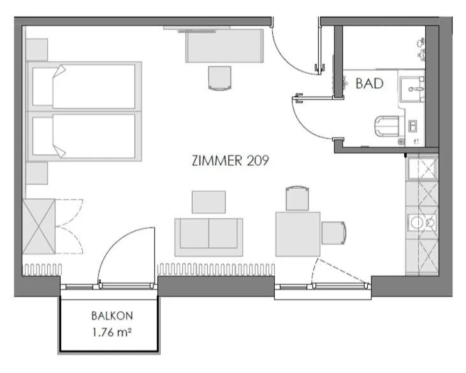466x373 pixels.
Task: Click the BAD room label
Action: [369, 83]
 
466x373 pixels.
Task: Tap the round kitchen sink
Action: [418, 223]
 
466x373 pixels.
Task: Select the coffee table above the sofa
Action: [208, 201]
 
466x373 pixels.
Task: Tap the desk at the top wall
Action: [225, 45]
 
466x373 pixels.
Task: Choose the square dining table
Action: [298, 234]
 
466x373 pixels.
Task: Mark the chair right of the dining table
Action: [333, 233]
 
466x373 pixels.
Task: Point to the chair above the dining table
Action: [298, 198]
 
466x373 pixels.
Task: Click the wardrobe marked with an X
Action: [38, 226]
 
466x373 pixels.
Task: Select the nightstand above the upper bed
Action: [36, 49]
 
